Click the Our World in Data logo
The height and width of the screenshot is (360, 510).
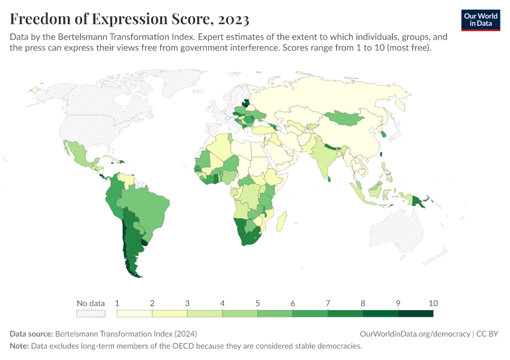pos(481,19)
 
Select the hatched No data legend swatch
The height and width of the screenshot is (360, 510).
pos(91,313)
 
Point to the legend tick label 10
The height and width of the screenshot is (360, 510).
pos(433,303)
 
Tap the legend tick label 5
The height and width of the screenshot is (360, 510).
pos(257,303)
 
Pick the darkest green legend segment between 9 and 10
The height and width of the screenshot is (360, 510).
pos(415,313)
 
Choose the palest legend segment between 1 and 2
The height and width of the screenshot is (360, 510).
pos(135,313)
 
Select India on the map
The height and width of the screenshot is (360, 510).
pos(323,158)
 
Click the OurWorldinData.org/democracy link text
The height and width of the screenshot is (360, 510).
pos(415,334)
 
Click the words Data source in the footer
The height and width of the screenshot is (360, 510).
pos(31,334)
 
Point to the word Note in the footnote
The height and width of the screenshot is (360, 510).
pos(19,346)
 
